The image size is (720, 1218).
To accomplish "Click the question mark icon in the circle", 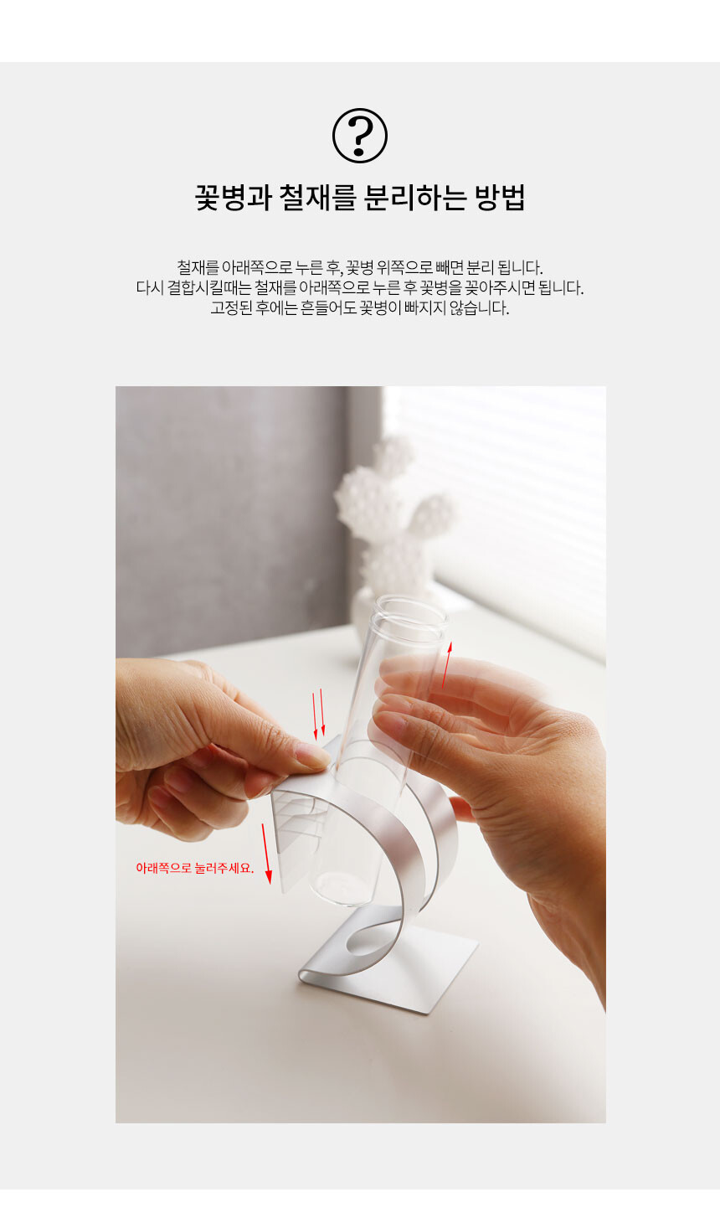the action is tap(360, 136).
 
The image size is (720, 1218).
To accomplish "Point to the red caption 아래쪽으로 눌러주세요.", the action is tap(194, 868).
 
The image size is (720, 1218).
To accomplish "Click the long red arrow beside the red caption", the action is tap(265, 853).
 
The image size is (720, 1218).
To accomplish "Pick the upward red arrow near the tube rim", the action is tap(447, 665).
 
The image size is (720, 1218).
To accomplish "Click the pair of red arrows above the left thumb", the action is tap(319, 714).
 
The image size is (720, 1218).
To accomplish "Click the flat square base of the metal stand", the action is tap(388, 967).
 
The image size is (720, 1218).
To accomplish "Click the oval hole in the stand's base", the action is tap(369, 943).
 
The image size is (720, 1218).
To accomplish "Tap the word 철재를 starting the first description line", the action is tap(198, 267).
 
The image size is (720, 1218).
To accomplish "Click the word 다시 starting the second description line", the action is tap(149, 287).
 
